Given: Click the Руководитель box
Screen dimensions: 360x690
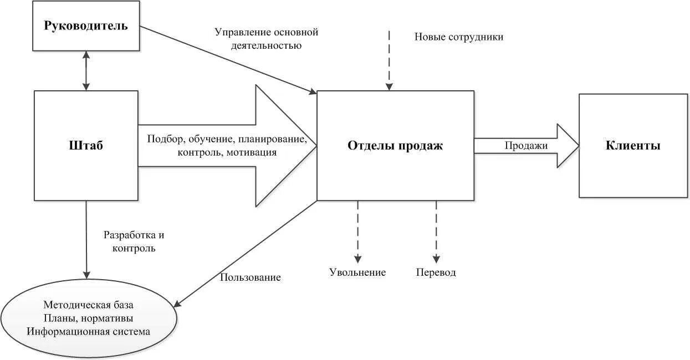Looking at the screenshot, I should [86, 25].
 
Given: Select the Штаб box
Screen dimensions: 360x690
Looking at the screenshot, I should [86, 146].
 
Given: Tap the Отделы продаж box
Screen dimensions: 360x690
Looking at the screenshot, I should [395, 146].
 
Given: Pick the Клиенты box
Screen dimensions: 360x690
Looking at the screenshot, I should [633, 146].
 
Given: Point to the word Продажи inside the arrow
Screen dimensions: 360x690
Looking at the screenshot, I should [526, 146].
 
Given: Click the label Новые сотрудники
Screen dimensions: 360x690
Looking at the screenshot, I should [458, 37].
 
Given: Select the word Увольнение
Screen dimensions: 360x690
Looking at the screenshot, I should [357, 272].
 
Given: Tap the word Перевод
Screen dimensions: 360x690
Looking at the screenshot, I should [436, 272].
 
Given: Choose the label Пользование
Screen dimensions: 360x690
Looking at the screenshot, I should [250, 277].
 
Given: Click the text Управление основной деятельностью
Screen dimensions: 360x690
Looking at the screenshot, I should [266, 39].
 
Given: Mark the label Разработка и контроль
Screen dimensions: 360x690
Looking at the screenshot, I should [134, 241].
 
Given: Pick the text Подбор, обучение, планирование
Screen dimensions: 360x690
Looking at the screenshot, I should [227, 139].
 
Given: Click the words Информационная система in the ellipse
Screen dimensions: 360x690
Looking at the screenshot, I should [89, 331].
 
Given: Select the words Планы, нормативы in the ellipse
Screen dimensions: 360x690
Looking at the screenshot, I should [89, 318].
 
